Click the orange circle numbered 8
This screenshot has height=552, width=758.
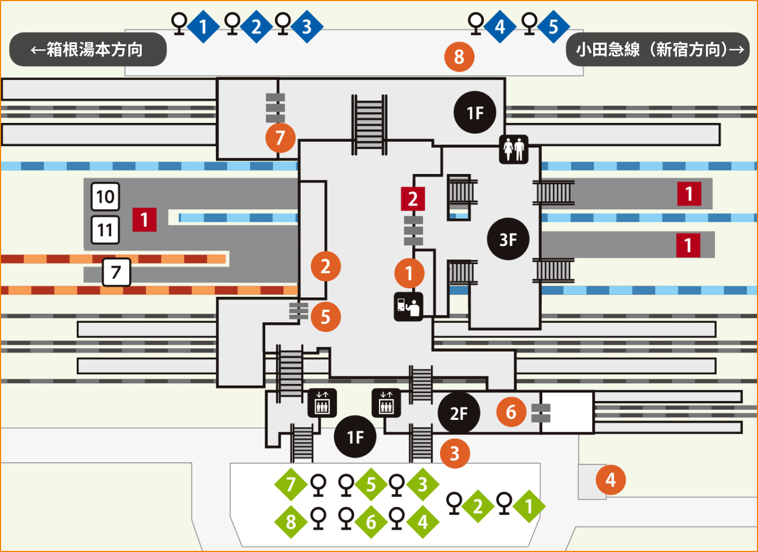coord(459,56)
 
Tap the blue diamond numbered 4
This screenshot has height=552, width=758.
coord(500,26)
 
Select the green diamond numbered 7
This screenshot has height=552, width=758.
coord(290,484)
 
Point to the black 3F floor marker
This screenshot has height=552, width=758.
coord(508,239)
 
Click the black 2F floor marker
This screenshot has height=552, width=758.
coord(458,413)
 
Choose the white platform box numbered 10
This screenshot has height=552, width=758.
coord(105,197)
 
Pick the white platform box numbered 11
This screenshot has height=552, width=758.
coord(105,230)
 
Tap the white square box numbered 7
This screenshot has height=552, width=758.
coord(116,272)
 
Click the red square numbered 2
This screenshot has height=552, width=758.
coord(413,199)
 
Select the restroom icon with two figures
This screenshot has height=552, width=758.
coord(514,149)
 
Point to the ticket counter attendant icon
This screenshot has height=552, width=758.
coord(409,307)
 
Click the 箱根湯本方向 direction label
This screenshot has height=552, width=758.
coord(88,49)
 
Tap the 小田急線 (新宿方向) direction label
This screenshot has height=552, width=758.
coord(658,49)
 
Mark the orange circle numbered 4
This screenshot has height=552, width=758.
coord(610,480)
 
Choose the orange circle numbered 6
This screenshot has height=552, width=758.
coord(511,412)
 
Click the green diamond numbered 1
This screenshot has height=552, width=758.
coord(529,506)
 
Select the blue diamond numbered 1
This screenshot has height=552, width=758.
coord(203,26)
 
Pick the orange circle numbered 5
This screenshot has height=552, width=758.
coord(325,316)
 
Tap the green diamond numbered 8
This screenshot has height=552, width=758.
coord(290,522)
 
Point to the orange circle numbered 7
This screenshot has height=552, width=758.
coord(280,138)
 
